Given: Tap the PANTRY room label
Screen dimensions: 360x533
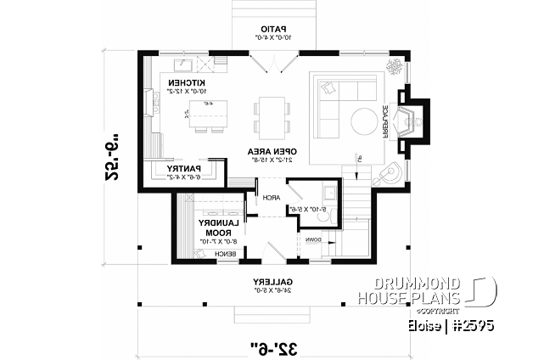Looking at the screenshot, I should (186, 168).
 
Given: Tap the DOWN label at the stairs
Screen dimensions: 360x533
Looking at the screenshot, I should (313, 239).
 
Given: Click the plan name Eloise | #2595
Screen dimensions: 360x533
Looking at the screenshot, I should (449, 324).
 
